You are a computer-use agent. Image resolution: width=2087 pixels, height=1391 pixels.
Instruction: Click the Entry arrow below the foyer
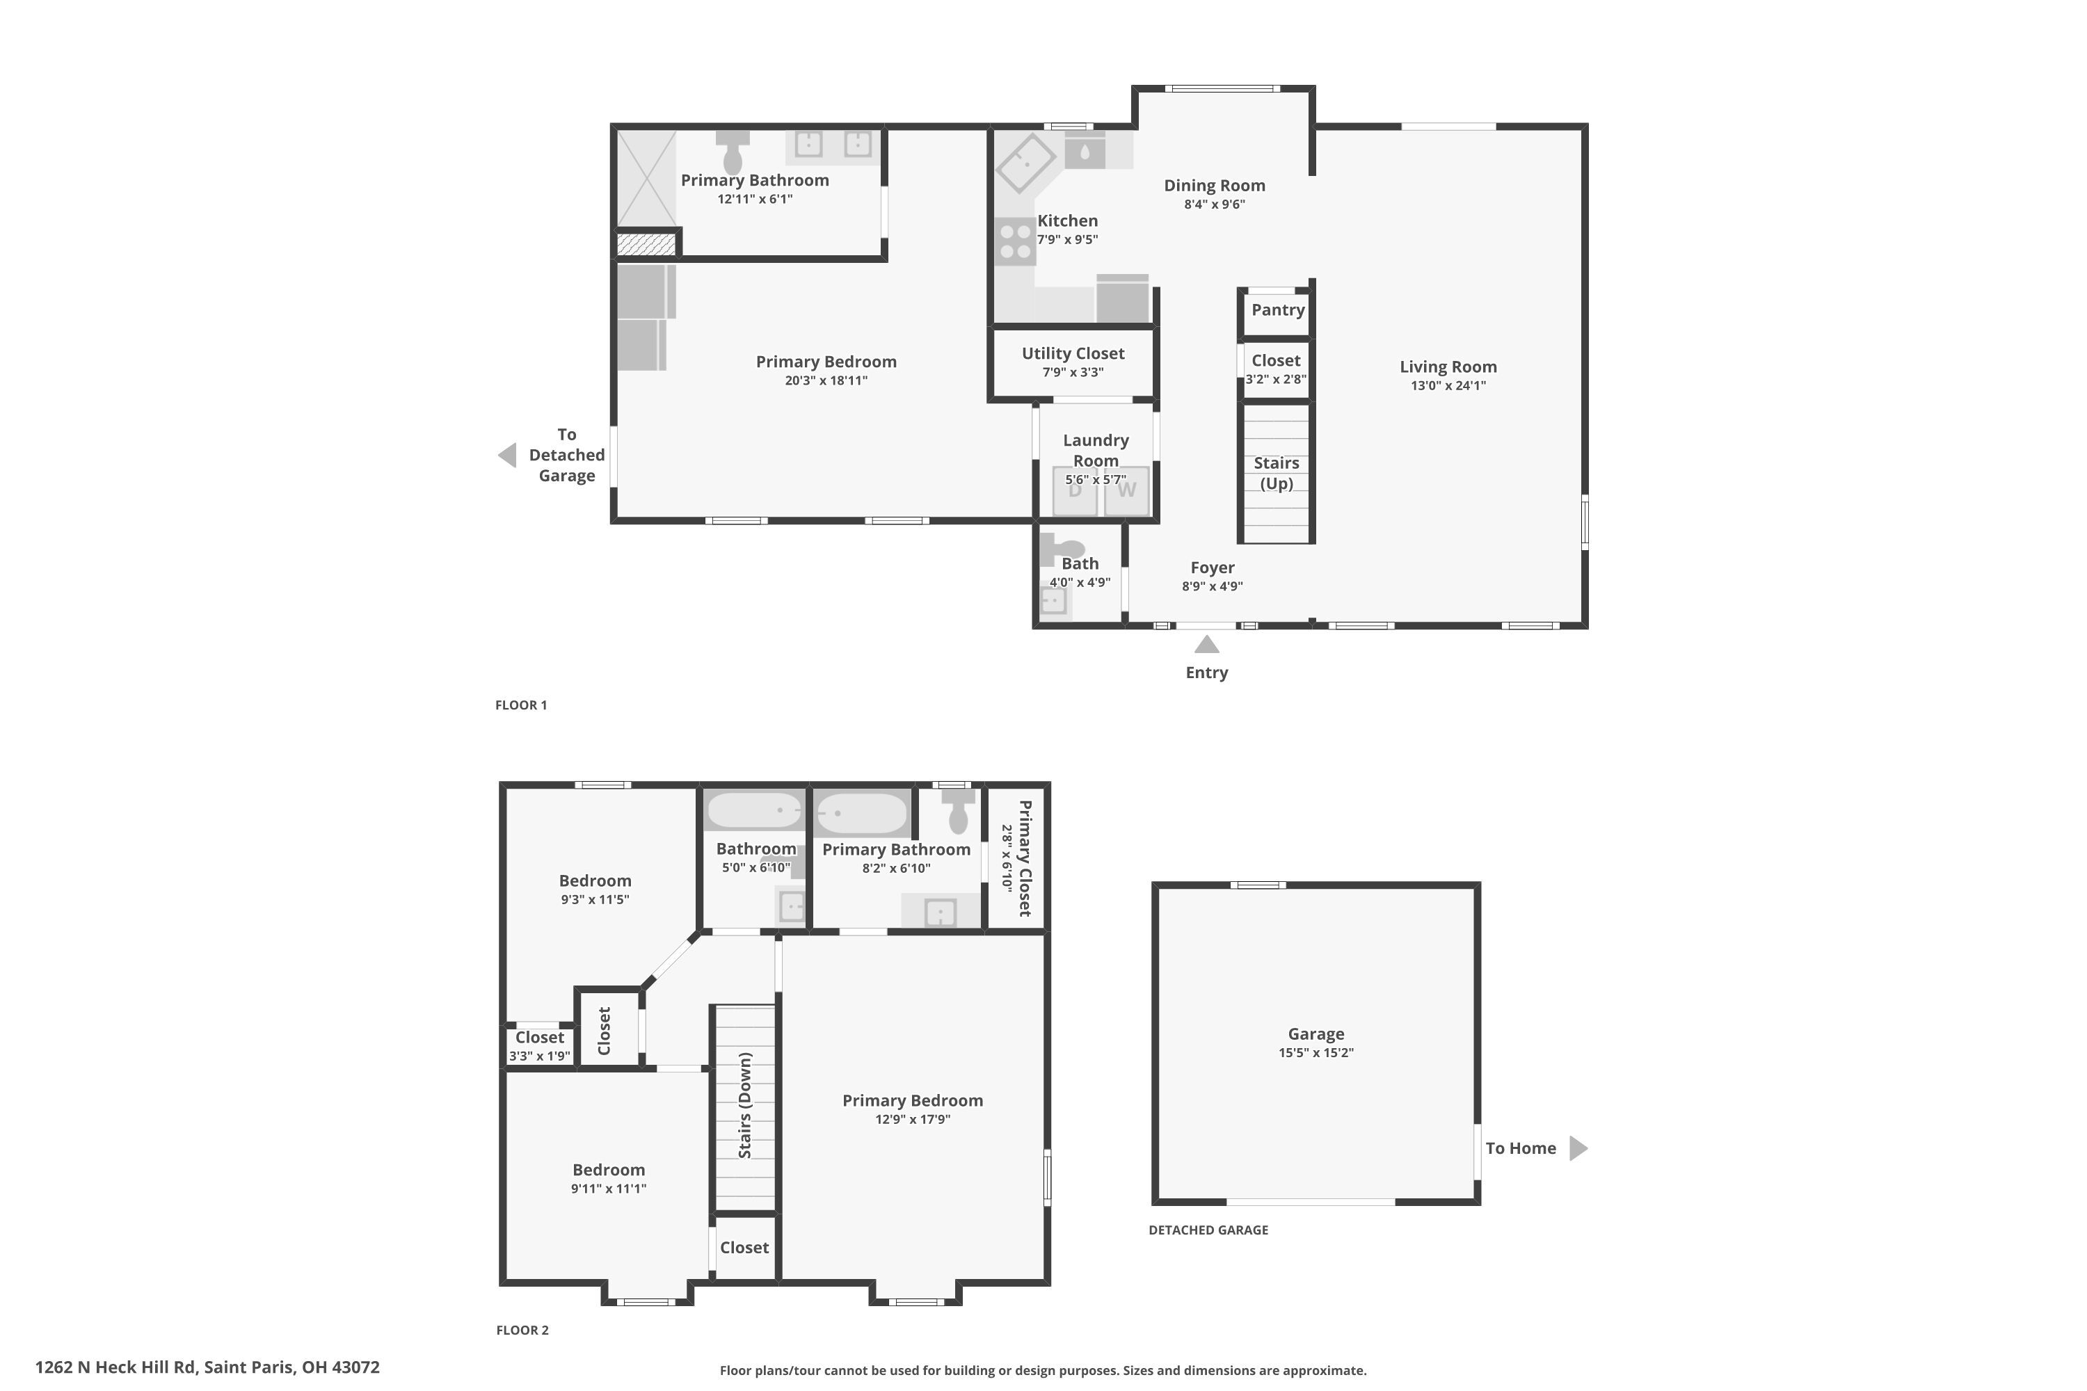tap(1207, 645)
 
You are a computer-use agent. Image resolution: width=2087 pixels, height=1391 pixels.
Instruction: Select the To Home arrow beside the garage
tap(1578, 1148)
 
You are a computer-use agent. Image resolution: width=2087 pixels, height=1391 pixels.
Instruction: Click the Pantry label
tap(1278, 309)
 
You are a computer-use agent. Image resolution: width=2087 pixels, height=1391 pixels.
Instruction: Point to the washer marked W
tap(1126, 490)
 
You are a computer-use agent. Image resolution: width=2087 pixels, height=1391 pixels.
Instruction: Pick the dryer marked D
tap(1075, 490)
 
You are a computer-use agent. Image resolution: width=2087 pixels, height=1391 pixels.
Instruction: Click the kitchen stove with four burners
tap(1015, 241)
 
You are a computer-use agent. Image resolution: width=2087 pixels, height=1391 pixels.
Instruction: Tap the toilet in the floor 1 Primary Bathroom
tap(733, 152)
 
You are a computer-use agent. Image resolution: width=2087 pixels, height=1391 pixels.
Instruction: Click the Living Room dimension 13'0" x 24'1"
tap(1448, 386)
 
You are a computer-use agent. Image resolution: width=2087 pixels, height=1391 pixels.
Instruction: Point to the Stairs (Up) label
tap(1276, 473)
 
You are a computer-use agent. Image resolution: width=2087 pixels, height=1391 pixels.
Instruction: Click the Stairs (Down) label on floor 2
tap(744, 1105)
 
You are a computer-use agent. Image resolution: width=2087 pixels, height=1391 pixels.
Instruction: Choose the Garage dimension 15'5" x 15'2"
tap(1316, 1053)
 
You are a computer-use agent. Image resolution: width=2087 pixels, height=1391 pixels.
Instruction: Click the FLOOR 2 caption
tap(522, 1330)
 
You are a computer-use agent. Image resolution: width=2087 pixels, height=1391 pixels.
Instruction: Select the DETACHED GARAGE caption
tap(1208, 1230)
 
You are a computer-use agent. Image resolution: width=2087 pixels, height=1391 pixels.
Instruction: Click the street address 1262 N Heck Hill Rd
tap(207, 1367)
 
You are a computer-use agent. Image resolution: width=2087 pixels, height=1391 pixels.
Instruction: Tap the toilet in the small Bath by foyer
tap(1063, 547)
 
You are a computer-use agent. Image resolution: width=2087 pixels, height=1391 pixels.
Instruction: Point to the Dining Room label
tap(1214, 186)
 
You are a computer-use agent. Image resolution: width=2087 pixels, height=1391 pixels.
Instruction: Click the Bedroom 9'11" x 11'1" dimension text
tap(609, 1189)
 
